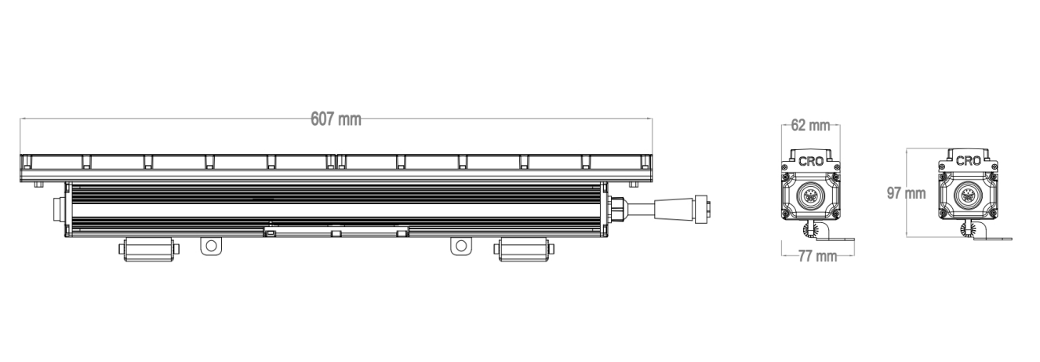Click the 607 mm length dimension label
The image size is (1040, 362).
(x=336, y=119)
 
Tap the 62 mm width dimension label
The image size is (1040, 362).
(x=810, y=125)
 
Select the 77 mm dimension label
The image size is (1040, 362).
(x=817, y=256)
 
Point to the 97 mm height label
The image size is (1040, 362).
(x=907, y=193)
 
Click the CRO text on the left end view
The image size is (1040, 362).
(x=811, y=161)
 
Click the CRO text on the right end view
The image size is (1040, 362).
(x=968, y=161)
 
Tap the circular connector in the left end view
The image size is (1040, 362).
(x=811, y=196)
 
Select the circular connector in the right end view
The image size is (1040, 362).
(x=968, y=196)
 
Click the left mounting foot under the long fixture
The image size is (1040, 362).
(x=149, y=250)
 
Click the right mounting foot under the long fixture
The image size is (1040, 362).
(x=524, y=250)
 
